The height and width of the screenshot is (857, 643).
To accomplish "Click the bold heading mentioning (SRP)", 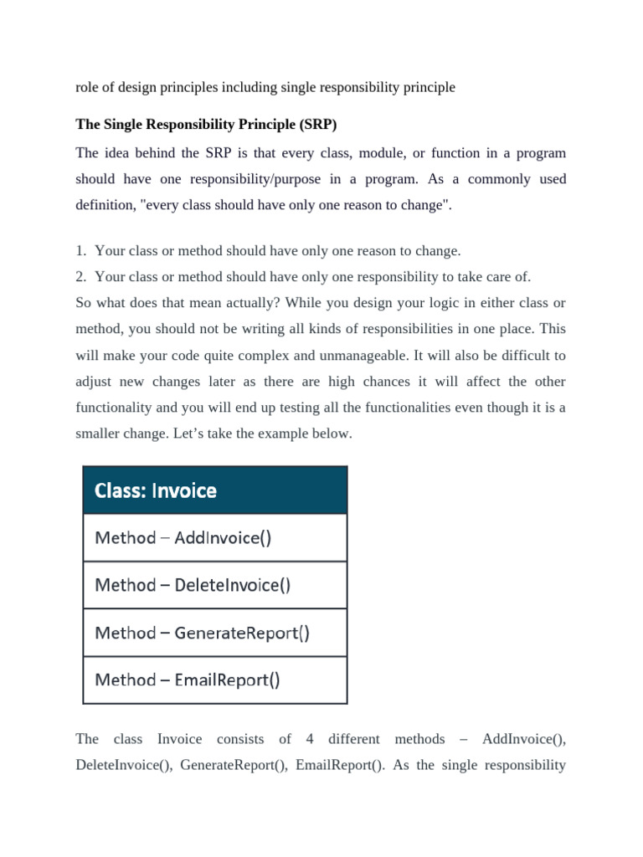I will [206, 125].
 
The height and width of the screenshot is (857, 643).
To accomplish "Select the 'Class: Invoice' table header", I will [215, 490].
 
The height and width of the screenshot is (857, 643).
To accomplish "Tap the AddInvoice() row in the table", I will [215, 537].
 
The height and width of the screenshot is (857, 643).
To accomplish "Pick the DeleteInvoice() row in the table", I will [215, 585].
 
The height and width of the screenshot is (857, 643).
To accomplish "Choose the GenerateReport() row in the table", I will [215, 633].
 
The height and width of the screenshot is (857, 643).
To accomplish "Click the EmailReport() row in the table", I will [215, 680].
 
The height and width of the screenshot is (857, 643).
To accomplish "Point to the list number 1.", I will [80, 251].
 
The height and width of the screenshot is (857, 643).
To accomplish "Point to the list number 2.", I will [80, 276].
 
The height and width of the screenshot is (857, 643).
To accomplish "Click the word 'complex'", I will [270, 356].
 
